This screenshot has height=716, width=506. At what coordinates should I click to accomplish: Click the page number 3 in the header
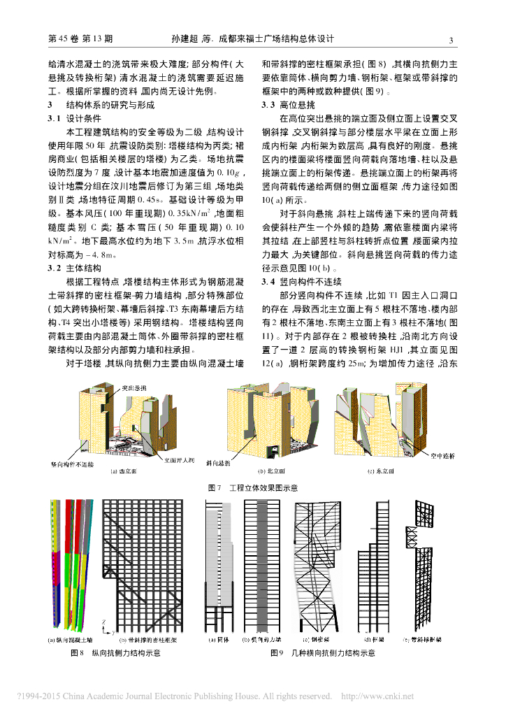[x=451, y=40]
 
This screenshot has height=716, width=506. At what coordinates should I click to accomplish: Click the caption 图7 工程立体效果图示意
[x=253, y=487]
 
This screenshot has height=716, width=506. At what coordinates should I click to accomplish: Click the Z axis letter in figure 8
[x=103, y=621]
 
